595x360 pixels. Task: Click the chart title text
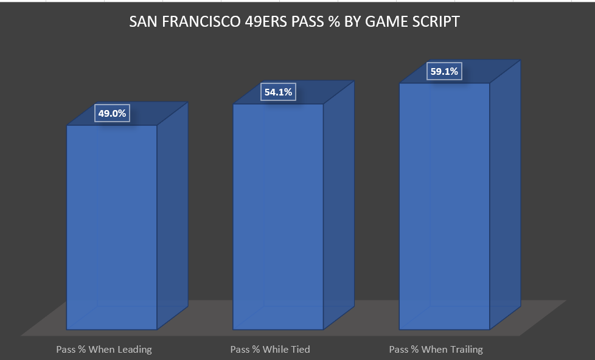[x=294, y=22]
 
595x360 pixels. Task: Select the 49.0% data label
[x=112, y=114]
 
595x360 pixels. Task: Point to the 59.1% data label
[x=445, y=72]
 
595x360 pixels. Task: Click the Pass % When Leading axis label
[x=104, y=349]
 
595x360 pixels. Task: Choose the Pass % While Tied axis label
[x=270, y=349]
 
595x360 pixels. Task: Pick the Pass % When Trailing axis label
[x=436, y=349]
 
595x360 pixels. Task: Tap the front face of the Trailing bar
[x=444, y=207]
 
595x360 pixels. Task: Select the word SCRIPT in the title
[x=436, y=22]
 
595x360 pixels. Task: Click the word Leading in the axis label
[x=133, y=349]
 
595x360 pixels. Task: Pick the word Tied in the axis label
[x=300, y=349]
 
